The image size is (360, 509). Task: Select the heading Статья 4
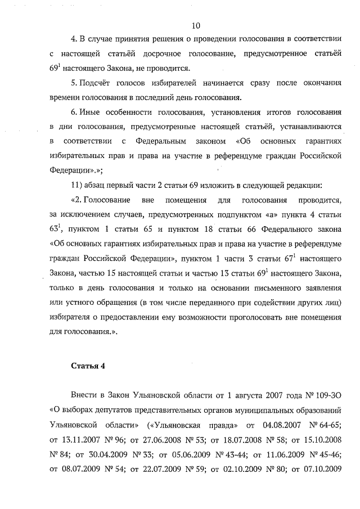pyautogui.click(x=88, y=366)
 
